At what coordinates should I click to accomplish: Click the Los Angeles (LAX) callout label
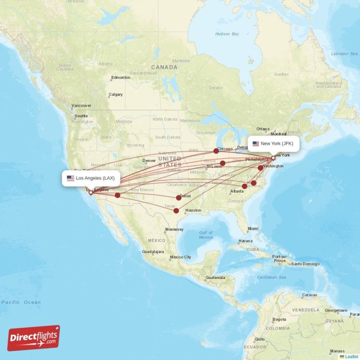pos(91,178)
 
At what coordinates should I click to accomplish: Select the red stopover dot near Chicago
pos(216,151)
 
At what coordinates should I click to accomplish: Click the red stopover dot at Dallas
pos(179,197)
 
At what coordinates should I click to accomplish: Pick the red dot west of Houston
pos(176,211)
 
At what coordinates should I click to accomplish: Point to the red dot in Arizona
pos(117,195)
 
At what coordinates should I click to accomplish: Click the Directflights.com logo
pos(34,338)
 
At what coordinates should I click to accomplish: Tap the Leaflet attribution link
pos(351,356)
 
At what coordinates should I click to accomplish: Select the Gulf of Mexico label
pos(206,234)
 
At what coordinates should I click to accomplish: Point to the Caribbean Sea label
pos(271,277)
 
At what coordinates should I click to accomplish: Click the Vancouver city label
pos(81,106)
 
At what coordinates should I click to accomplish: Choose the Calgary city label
pos(116,94)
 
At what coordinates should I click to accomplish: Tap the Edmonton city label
pos(121,77)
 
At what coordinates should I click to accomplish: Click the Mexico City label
pos(180,257)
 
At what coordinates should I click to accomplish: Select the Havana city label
pos(246,241)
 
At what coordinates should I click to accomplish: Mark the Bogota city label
pos(279,319)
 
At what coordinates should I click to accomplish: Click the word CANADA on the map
pos(164,67)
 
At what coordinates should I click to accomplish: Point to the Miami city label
pos(253,229)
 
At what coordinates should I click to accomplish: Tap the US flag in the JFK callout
pos(256,144)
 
